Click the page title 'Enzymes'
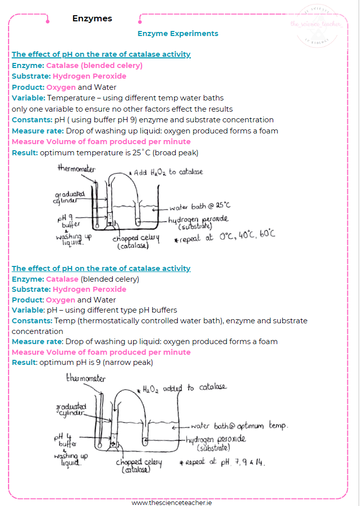92,19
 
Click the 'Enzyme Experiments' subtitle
178,33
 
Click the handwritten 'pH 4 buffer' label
64,440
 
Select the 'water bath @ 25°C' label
200,207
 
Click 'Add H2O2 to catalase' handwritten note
168,172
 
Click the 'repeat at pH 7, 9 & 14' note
223,462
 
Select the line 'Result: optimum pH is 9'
82,362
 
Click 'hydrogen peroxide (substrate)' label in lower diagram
216,442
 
